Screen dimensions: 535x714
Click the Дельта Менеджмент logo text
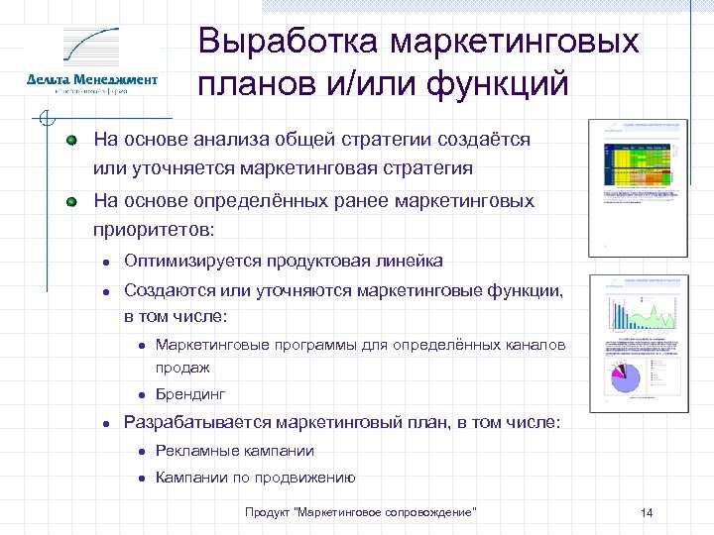(x=92, y=79)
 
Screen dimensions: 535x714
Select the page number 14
(x=647, y=512)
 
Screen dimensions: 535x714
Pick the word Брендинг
(x=190, y=393)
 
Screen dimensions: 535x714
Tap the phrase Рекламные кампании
(x=234, y=451)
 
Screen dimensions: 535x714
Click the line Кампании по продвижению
(x=255, y=478)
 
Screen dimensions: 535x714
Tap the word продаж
(x=182, y=367)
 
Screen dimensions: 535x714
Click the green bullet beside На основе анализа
(x=72, y=141)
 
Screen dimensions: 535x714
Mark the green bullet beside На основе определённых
(x=72, y=201)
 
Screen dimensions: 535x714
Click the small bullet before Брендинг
(x=142, y=394)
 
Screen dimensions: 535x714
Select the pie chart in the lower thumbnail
(x=626, y=377)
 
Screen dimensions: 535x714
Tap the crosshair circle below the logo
(x=44, y=122)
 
